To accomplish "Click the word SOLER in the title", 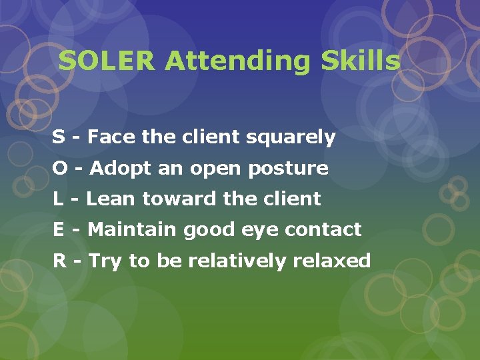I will (107, 61).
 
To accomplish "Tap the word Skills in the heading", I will (361, 61).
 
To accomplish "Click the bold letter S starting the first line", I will (59, 137).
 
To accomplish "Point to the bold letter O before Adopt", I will (59, 168).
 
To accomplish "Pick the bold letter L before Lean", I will (58, 199).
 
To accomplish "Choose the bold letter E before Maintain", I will (59, 229).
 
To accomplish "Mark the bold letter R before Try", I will (59, 260).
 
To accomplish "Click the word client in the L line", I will (293, 199).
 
